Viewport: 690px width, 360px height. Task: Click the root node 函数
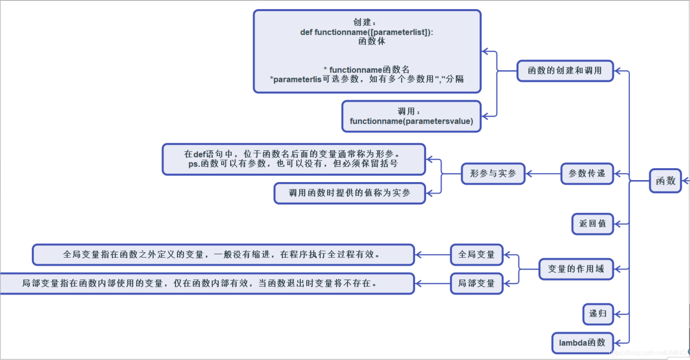tap(665, 181)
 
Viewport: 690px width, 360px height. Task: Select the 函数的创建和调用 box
tap(565, 71)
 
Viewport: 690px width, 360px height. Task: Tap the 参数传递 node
tap(587, 173)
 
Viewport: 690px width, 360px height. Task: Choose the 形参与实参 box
tap(493, 173)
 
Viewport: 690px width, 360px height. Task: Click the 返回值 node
tap(593, 224)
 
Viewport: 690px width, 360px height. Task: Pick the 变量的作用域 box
tap(576, 269)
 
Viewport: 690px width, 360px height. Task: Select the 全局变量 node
tap(476, 255)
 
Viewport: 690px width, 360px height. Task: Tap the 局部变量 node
tap(476, 283)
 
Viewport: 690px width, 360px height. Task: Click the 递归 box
tap(598, 314)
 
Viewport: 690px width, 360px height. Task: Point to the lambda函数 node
tap(582, 342)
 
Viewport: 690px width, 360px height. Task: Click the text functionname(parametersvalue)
tap(411, 121)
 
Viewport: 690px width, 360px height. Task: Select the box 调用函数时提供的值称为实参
tap(350, 193)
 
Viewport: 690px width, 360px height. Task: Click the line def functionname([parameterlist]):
tap(366, 32)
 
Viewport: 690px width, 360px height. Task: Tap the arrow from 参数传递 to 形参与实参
tap(543, 173)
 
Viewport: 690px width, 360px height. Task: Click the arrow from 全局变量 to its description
tap(432, 255)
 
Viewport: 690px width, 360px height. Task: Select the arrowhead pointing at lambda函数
tap(618, 342)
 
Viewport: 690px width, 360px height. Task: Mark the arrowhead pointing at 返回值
tap(618, 224)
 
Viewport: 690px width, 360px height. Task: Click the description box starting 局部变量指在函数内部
tap(207, 283)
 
